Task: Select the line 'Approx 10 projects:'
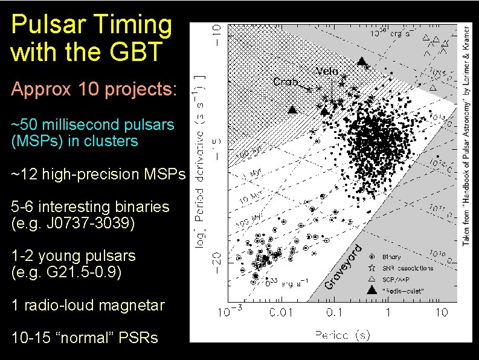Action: tap(94, 89)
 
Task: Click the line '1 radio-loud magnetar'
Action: tap(88, 305)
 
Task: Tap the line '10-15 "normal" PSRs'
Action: tap(85, 338)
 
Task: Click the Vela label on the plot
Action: tap(327, 71)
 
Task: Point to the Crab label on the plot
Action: tap(285, 82)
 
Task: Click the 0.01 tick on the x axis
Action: tap(280, 312)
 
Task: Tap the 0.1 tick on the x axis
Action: tap(334, 312)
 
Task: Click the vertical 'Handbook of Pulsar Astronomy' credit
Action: tap(467, 133)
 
